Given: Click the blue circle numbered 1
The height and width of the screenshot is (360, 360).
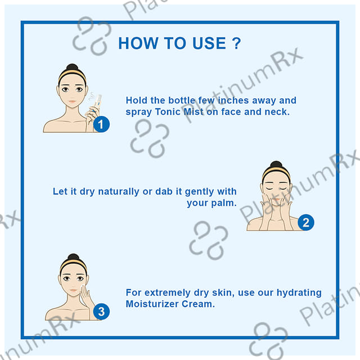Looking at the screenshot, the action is (x=101, y=124).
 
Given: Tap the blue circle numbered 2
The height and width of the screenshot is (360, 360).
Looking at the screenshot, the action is (x=306, y=223).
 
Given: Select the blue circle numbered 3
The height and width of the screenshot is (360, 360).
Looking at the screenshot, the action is (x=101, y=312).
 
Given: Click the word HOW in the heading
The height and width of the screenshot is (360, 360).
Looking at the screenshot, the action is (x=138, y=43).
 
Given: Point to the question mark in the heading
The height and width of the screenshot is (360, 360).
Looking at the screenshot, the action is (x=236, y=43).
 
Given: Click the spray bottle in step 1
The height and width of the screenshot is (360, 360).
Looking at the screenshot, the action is (x=98, y=102).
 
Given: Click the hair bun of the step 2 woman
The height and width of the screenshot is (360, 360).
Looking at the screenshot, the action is (x=276, y=164).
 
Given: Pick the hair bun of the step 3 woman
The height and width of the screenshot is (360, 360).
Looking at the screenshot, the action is (x=74, y=257).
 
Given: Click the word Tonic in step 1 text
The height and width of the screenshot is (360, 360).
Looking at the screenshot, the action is (x=168, y=112).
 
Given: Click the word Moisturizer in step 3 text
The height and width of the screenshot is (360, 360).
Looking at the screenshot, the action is (x=152, y=304).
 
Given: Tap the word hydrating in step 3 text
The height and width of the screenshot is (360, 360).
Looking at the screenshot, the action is (x=299, y=292).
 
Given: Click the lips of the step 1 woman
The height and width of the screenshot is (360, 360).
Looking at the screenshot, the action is (x=73, y=101).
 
